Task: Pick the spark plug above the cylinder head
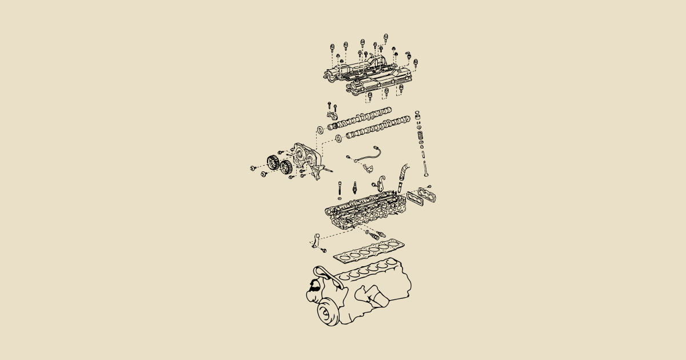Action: (x=355, y=187)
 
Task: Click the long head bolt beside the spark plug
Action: (x=340, y=188)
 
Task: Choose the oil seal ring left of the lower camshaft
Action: (x=339, y=138)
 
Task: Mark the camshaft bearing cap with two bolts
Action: (x=333, y=117)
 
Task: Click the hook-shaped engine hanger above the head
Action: (x=378, y=186)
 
